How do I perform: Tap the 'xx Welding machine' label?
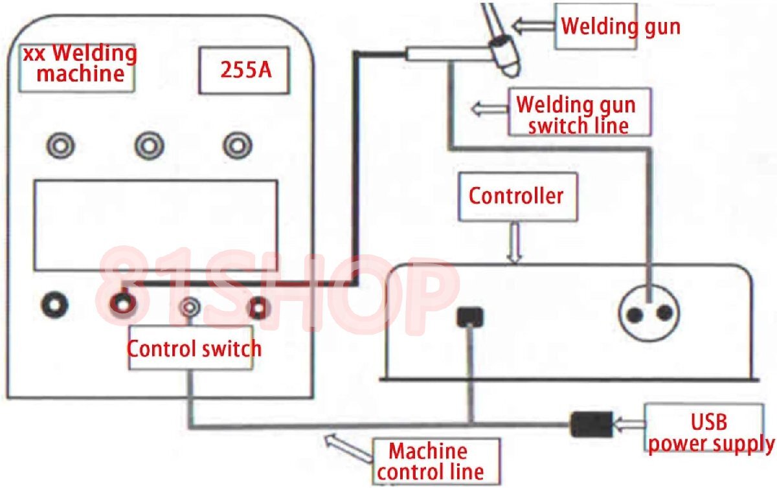point(80,63)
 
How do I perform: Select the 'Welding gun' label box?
point(620,26)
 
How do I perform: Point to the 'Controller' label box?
point(516,195)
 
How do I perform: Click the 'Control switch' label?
point(194,348)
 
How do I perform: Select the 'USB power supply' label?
point(710,432)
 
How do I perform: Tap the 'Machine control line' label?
point(435,461)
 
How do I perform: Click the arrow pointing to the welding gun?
point(534,25)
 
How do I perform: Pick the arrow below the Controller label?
point(515,243)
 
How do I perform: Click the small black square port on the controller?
point(469,316)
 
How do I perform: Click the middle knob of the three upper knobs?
point(149,146)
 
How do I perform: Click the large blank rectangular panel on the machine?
point(155,225)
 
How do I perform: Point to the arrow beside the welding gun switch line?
point(489,107)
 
